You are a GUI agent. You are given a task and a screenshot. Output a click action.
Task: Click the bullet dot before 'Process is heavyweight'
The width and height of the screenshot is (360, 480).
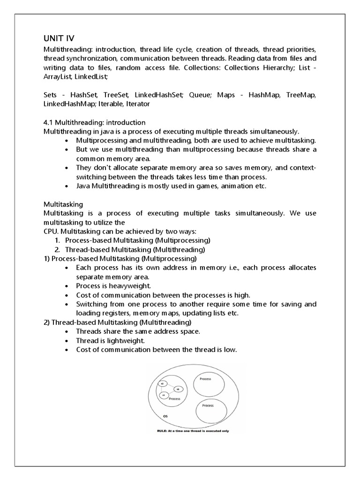tap(68, 286)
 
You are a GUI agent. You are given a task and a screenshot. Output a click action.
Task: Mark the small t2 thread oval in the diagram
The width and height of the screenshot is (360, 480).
tap(163, 383)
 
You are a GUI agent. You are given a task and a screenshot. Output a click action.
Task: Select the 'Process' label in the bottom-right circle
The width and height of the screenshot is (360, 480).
tap(208, 405)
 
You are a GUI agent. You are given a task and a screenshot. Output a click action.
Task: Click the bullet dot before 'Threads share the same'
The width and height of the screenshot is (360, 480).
tap(68, 331)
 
